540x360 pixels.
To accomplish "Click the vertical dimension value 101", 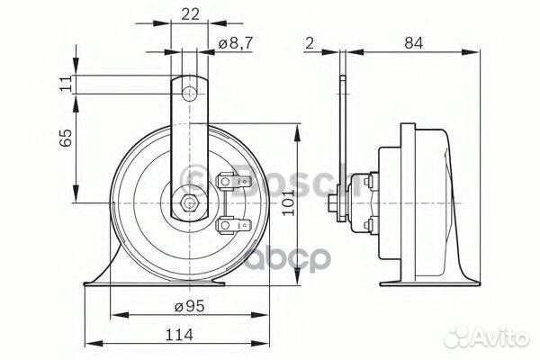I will point(312,208).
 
